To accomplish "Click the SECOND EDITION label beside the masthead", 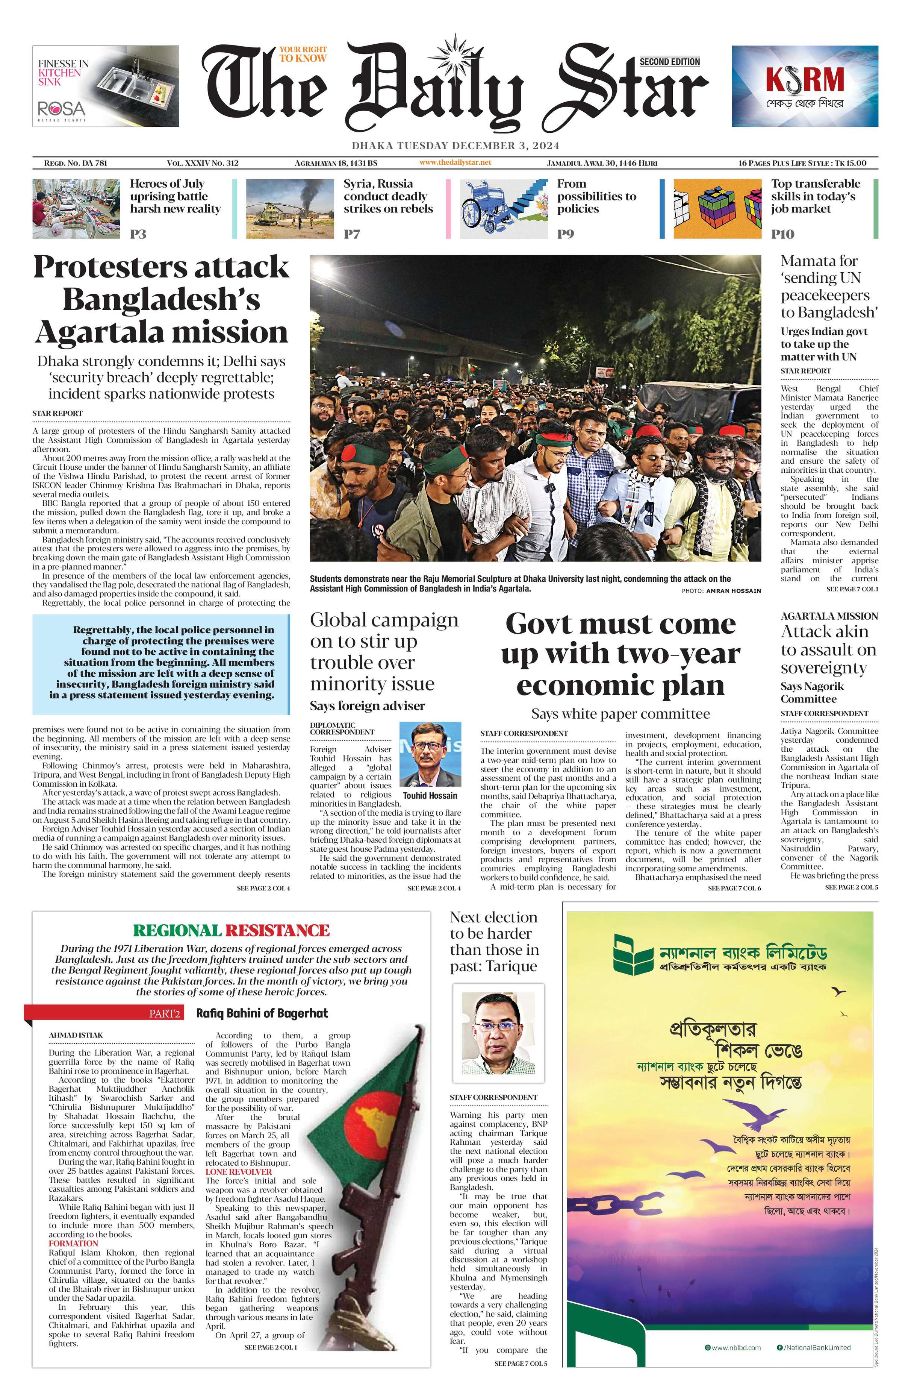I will pyautogui.click(x=669, y=62).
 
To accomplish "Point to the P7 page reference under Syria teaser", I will pyautogui.click(x=351, y=234).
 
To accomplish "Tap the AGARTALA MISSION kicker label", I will pyautogui.click(x=829, y=616).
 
